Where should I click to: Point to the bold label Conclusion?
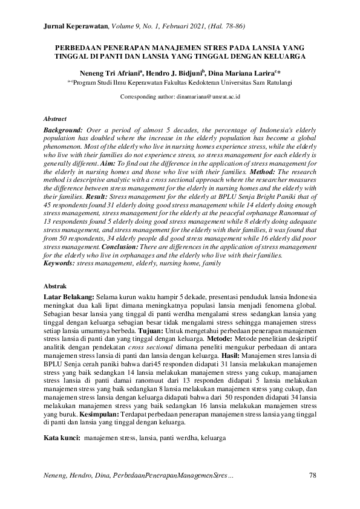[x=123, y=247]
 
